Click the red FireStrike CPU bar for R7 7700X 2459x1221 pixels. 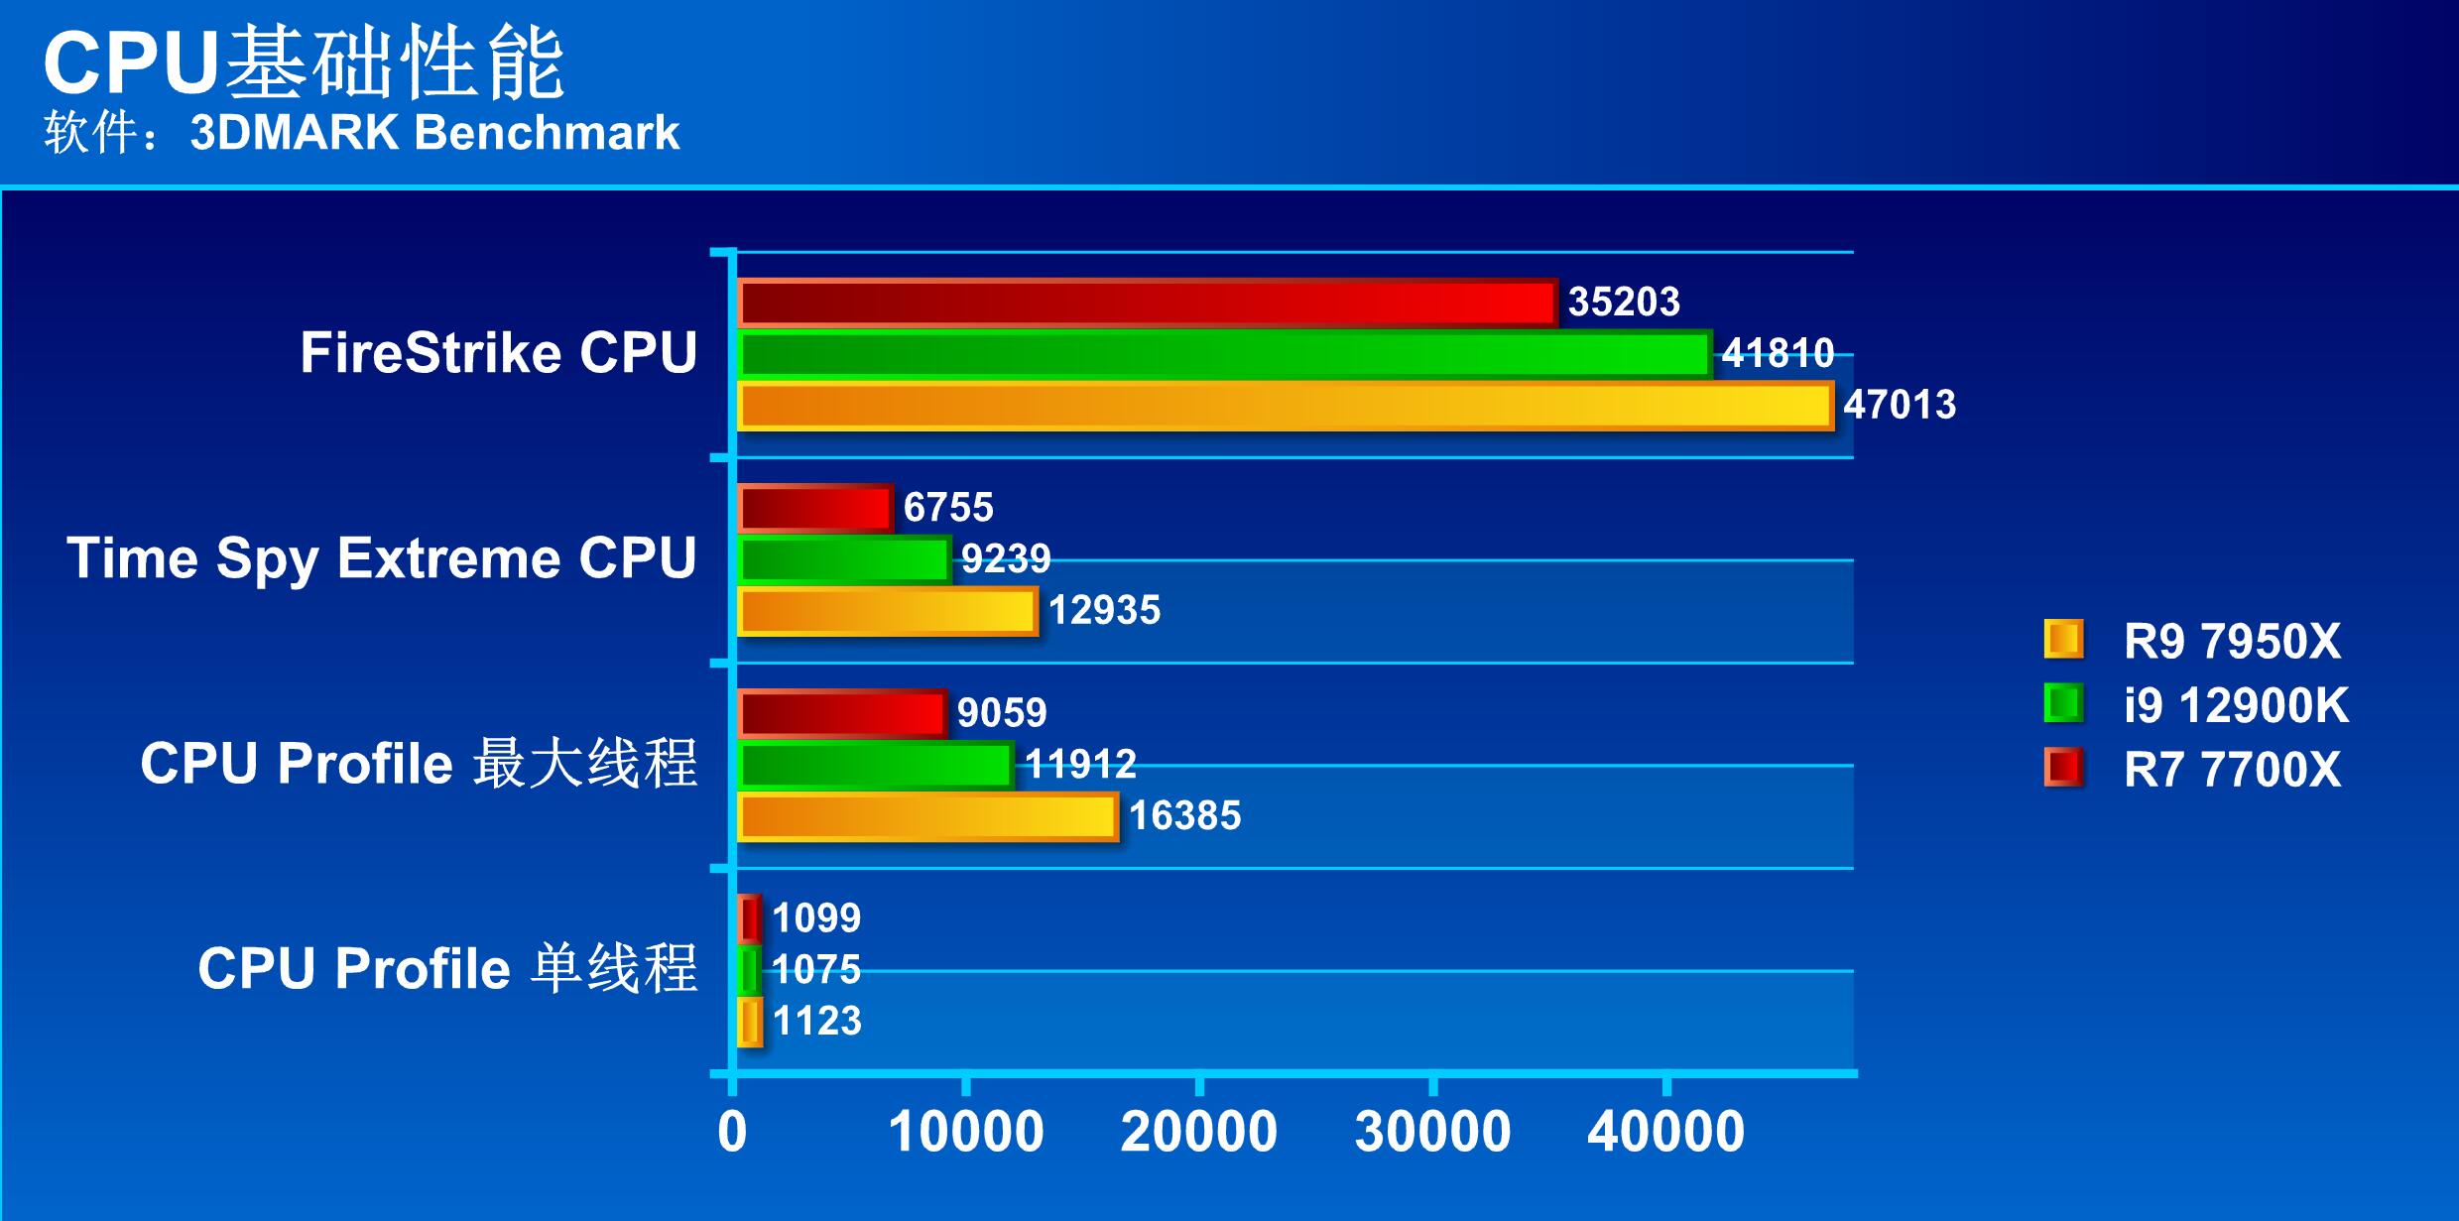click(1148, 303)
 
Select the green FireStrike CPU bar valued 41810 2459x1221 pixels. click(1225, 354)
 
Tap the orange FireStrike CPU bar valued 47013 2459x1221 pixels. click(1286, 406)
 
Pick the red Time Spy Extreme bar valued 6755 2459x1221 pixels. click(815, 508)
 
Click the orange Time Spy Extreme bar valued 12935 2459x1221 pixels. click(888, 610)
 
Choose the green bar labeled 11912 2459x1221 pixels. click(876, 765)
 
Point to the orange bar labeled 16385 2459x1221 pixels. click(928, 816)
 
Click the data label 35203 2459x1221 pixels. click(1624, 302)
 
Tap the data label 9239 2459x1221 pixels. click(1006, 558)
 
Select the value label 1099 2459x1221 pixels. click(816, 917)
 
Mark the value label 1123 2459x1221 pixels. click(816, 1021)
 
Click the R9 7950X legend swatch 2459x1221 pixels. click(2063, 640)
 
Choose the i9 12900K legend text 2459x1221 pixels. click(2236, 705)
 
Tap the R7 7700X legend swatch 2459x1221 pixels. click(2063, 768)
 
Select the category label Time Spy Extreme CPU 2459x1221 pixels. click(382, 557)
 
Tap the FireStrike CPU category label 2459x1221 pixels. click(499, 353)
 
